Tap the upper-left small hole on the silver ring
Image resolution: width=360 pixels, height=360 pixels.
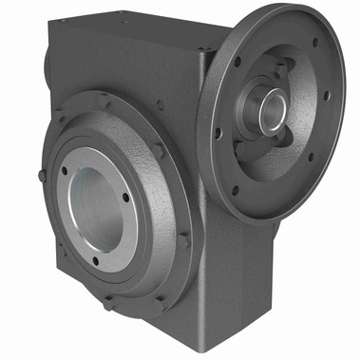point(65,171)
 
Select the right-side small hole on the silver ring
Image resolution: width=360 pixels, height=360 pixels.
point(125,198)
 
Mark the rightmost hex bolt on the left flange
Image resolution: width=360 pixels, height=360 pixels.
point(183,241)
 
